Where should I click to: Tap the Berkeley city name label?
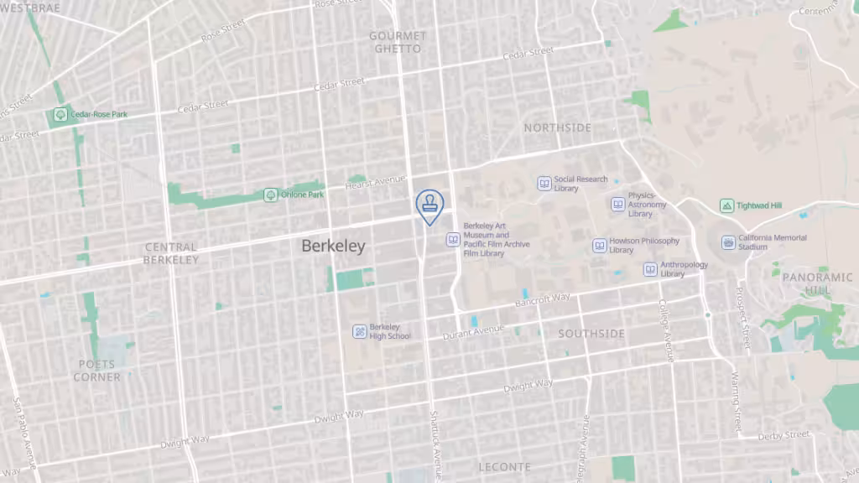click(x=333, y=246)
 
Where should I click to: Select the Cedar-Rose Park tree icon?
click(x=60, y=114)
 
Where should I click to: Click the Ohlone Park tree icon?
click(x=271, y=195)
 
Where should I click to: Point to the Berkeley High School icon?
click(x=360, y=331)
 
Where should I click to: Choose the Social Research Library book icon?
click(x=544, y=183)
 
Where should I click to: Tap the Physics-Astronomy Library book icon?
click(x=618, y=205)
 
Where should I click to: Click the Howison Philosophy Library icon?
click(x=600, y=245)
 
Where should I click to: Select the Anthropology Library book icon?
click(x=651, y=269)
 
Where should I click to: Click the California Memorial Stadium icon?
click(x=728, y=242)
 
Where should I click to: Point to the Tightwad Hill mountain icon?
click(x=726, y=205)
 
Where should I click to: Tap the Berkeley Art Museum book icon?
click(x=453, y=240)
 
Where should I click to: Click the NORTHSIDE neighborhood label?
click(x=557, y=127)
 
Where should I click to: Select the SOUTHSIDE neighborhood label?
click(x=591, y=334)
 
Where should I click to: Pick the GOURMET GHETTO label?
click(x=398, y=42)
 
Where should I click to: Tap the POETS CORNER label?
click(x=96, y=371)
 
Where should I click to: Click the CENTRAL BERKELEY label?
click(x=170, y=253)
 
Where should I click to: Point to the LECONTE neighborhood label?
click(x=505, y=466)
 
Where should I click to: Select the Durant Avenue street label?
click(x=473, y=333)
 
